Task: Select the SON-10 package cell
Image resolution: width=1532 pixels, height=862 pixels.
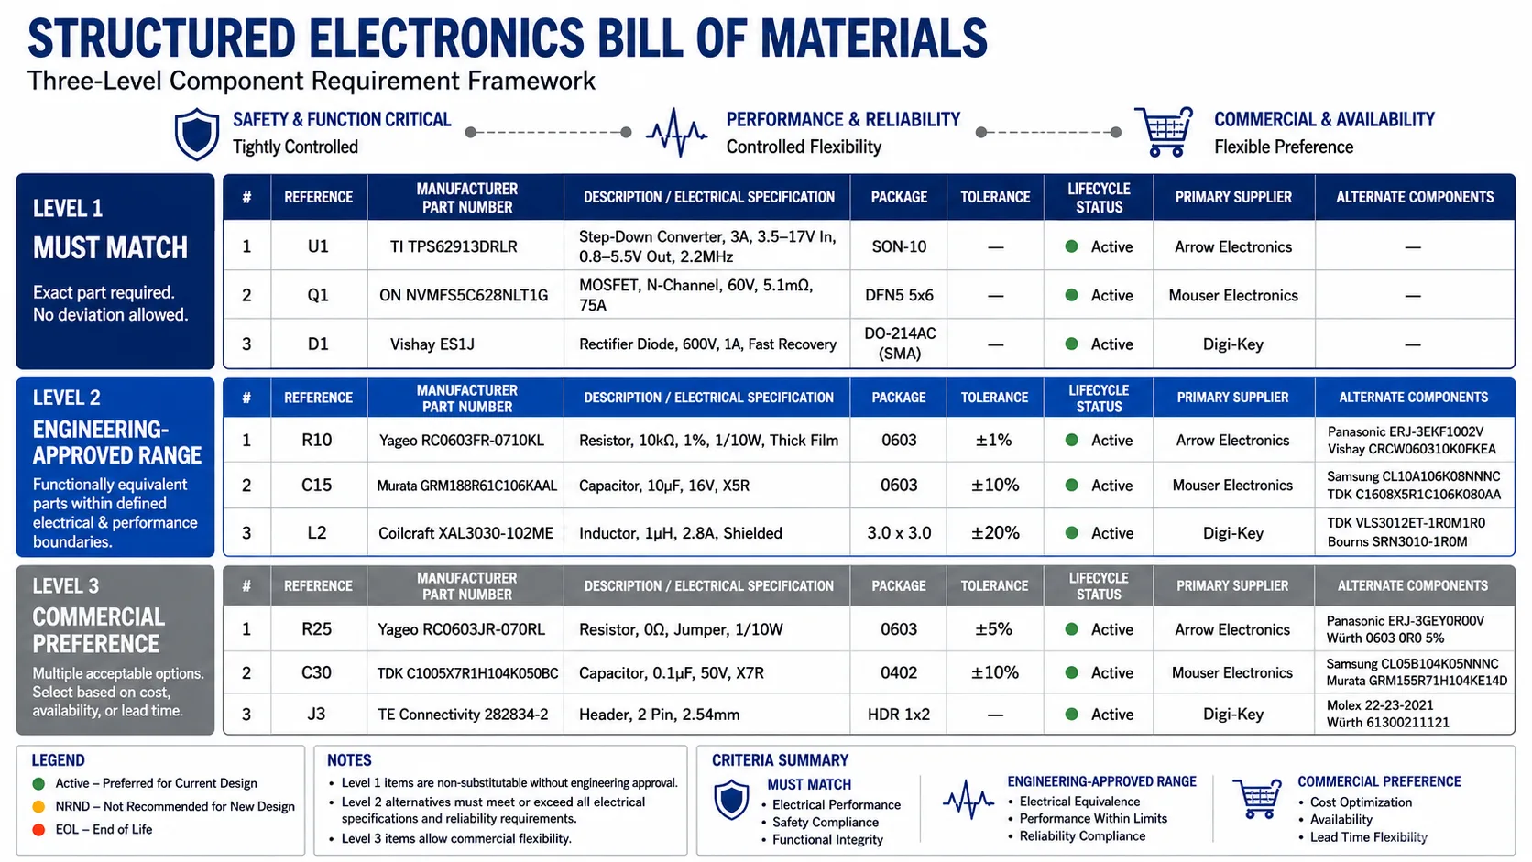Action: pos(899,246)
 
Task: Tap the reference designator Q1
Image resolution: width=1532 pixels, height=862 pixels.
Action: pos(318,295)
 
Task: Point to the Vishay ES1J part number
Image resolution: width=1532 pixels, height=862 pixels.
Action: pos(432,344)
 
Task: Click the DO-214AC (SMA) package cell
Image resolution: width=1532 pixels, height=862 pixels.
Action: pos(899,344)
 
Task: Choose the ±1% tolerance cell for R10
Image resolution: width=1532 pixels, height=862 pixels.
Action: pos(994,441)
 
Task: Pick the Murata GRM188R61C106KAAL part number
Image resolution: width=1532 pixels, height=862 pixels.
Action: pos(467,486)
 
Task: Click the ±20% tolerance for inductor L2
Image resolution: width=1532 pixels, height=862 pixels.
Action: pos(995,533)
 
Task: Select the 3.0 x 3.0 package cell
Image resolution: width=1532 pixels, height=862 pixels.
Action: pos(899,533)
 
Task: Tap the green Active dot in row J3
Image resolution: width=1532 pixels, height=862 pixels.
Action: pos(1072,715)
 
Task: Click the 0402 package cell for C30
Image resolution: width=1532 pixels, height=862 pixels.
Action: pos(899,672)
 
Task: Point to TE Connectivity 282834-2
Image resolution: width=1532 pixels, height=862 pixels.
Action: pos(463,715)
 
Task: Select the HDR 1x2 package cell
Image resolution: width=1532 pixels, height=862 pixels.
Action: pos(899,715)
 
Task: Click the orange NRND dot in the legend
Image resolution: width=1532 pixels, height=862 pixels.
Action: pos(39,807)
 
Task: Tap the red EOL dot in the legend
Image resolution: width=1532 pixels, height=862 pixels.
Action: pos(39,830)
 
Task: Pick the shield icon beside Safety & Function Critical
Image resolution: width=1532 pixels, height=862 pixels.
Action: pos(197,134)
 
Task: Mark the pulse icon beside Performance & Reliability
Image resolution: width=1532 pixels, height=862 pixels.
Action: pos(676,132)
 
